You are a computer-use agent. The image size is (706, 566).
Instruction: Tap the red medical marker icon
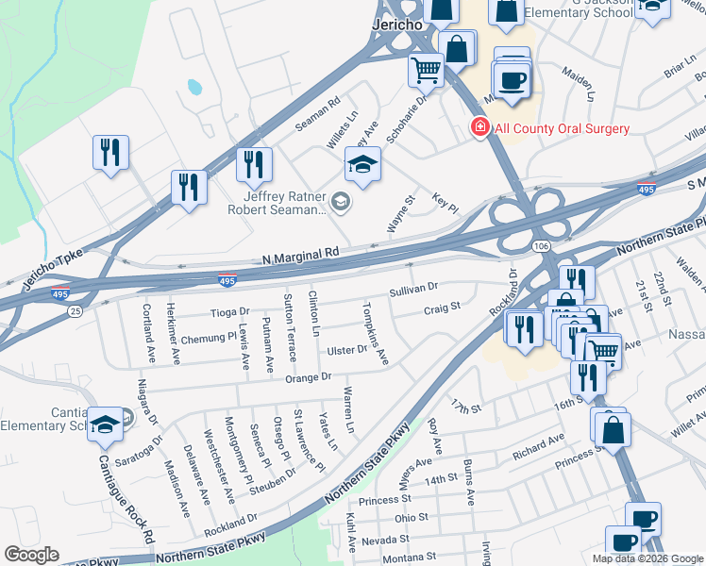tap(480, 127)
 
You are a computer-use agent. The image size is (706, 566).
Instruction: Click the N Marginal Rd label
tap(300, 254)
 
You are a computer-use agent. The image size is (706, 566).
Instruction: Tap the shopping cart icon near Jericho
tap(426, 69)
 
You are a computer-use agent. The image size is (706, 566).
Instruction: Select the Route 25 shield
tap(75, 309)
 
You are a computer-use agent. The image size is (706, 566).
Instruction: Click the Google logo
tap(31, 555)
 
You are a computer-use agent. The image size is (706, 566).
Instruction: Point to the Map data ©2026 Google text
tap(647, 558)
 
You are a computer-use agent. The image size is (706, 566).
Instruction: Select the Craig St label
tap(441, 307)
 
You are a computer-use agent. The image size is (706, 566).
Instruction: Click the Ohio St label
tap(412, 518)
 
